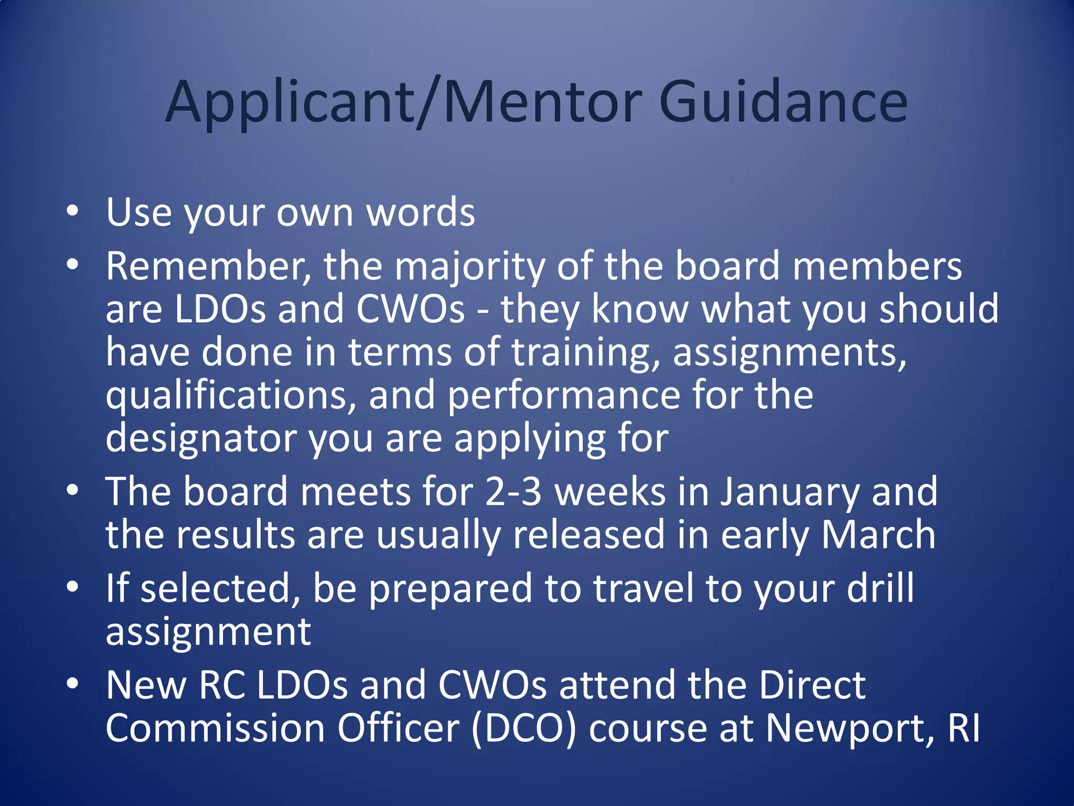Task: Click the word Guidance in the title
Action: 782,102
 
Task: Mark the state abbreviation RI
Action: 964,728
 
